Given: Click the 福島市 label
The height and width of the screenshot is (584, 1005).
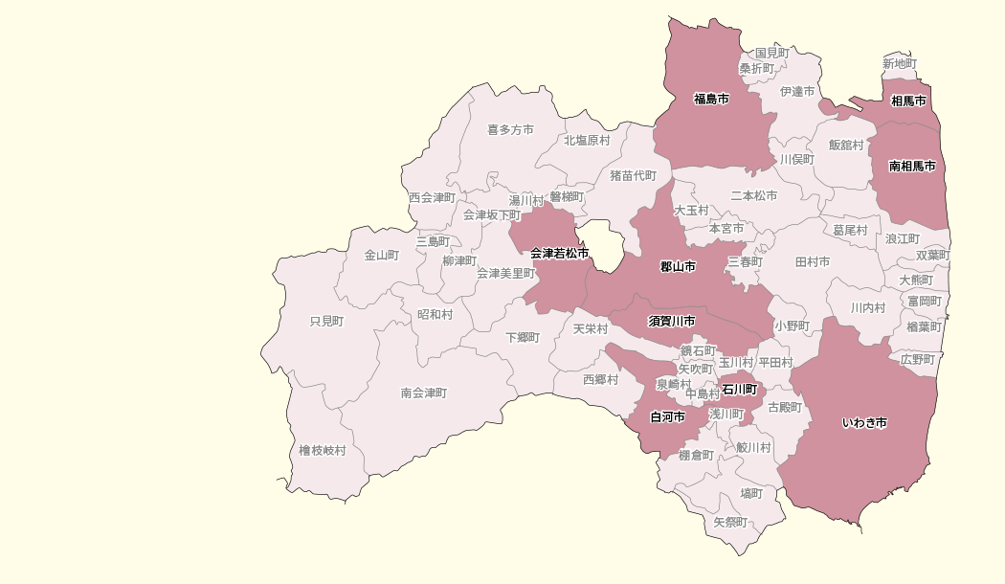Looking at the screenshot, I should tap(711, 99).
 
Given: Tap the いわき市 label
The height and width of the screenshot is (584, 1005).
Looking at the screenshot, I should tap(864, 422).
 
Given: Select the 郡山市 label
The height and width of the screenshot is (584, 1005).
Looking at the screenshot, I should tap(678, 265).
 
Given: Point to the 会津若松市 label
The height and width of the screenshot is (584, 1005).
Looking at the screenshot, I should tap(559, 253).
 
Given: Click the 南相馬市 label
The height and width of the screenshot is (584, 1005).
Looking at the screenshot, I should tap(912, 166).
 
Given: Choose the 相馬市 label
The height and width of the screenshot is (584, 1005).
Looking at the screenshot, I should tap(908, 101).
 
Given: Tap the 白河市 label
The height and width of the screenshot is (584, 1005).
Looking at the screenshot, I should tap(667, 417).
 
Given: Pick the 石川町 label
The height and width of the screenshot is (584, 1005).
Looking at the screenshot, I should tap(739, 390).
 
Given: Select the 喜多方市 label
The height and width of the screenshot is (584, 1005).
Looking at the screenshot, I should tap(510, 129).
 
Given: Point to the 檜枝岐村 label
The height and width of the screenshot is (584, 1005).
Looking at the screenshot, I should tap(322, 450).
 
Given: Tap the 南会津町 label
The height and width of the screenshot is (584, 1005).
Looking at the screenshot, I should tap(423, 393).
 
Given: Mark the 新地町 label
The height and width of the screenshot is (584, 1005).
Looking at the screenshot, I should tap(899, 64).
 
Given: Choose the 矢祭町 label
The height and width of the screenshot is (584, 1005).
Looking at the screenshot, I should tap(730, 522).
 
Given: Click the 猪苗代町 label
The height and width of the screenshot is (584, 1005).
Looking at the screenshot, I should tap(634, 175).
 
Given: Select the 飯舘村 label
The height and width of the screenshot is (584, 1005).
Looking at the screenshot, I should tap(846, 145).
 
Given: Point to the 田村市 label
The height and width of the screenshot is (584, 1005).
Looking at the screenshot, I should tap(813, 261).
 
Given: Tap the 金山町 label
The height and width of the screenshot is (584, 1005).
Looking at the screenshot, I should tap(381, 256).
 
